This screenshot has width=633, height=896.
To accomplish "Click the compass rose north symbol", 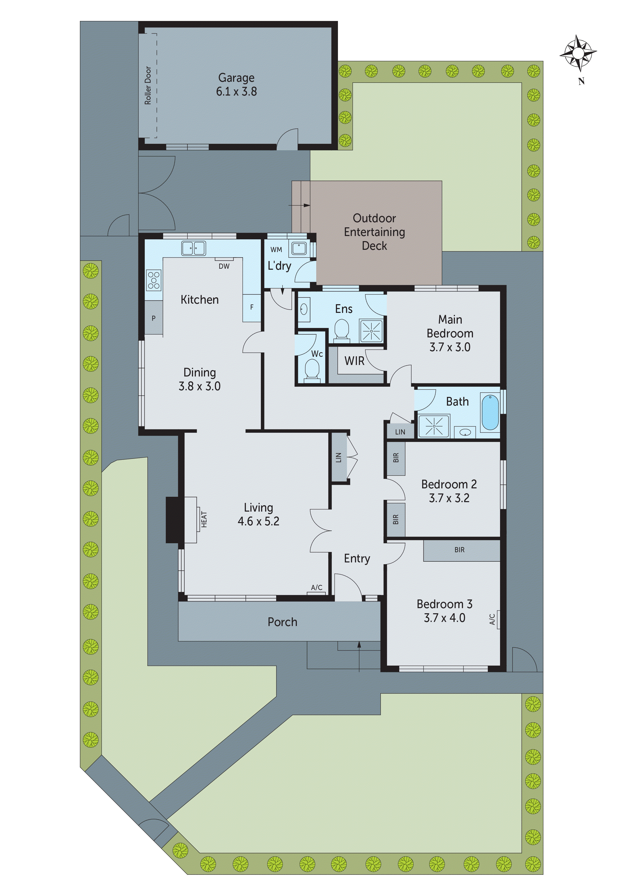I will click(x=578, y=53).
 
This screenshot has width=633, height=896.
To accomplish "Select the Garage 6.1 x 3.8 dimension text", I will click(x=236, y=91).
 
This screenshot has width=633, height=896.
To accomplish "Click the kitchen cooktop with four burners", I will click(x=154, y=281).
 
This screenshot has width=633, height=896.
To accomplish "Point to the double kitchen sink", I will click(x=193, y=248).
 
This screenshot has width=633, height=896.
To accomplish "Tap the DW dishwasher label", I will click(x=224, y=266).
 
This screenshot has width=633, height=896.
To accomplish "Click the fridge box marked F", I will click(x=252, y=308).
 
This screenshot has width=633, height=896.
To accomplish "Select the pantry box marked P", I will click(x=154, y=318).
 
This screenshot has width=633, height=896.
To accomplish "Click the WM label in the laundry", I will click(x=276, y=250).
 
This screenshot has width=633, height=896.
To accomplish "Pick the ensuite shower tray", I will click(x=371, y=331).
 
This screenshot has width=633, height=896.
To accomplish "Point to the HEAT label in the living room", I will click(x=204, y=520).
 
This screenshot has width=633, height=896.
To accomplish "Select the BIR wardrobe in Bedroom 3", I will click(x=460, y=550).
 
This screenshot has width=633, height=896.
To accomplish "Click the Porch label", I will click(x=282, y=622).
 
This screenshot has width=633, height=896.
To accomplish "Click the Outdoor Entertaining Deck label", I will click(x=374, y=232).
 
